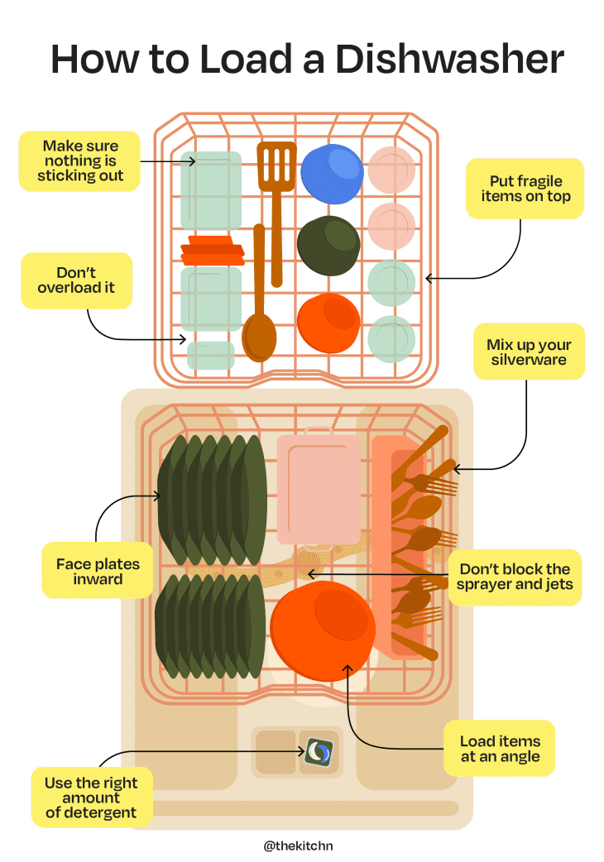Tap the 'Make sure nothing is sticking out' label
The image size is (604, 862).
pos(80,160)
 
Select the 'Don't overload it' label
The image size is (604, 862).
pos(76,280)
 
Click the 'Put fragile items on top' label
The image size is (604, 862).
pos(525,189)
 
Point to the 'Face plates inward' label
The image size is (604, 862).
pos(98,571)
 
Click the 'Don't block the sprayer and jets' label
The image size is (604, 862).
pos(515,577)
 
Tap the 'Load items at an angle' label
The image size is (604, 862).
pos(500,749)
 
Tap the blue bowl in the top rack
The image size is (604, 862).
pos(331,175)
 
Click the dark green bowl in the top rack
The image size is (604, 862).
pos(328,245)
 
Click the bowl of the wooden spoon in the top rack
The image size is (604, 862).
pos(259,337)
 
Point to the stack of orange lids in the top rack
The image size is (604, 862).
pos(212,250)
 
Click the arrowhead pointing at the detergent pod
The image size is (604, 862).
pos(305,752)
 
